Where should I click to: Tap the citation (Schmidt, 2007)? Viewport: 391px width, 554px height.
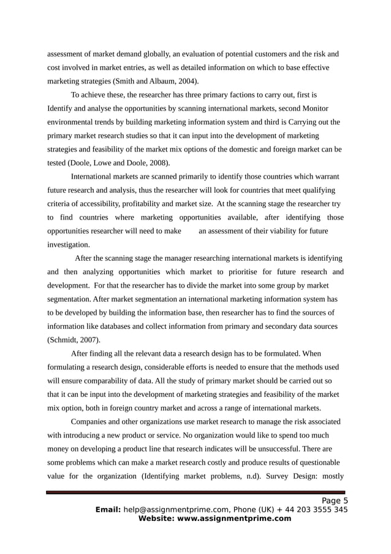click(x=75, y=339)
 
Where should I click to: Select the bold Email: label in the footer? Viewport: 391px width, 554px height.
click(x=108, y=510)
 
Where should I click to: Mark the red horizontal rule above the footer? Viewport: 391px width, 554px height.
click(x=196, y=492)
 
